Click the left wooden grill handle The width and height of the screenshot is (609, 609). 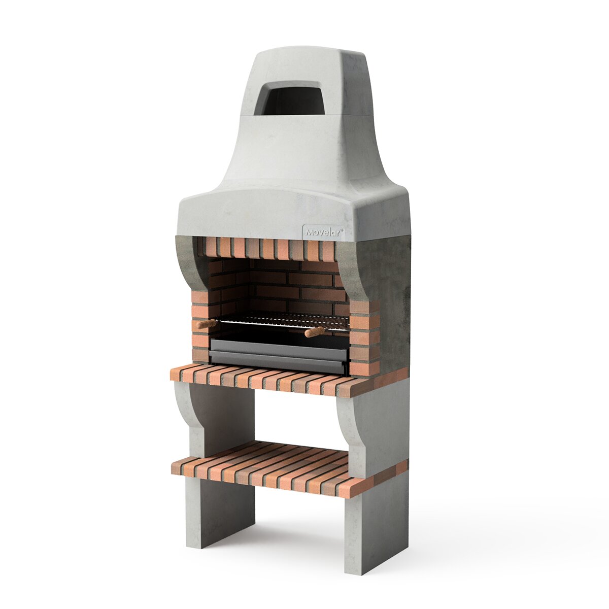[206, 323]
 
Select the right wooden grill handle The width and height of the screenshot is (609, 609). [315, 332]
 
